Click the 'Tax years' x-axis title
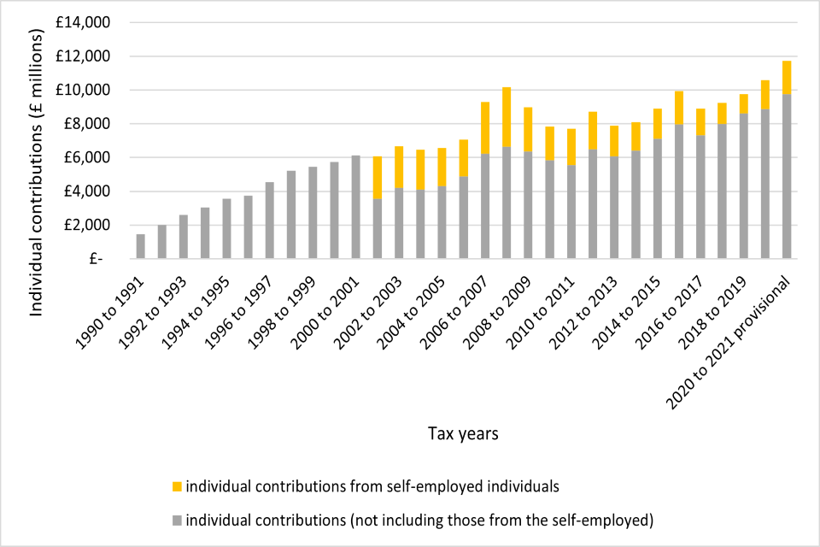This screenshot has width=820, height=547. point(462,433)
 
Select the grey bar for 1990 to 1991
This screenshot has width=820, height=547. point(141,246)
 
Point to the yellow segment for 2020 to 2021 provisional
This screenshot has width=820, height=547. point(787,78)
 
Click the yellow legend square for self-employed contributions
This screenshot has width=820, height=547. point(176,486)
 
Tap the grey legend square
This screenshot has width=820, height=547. point(176,519)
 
